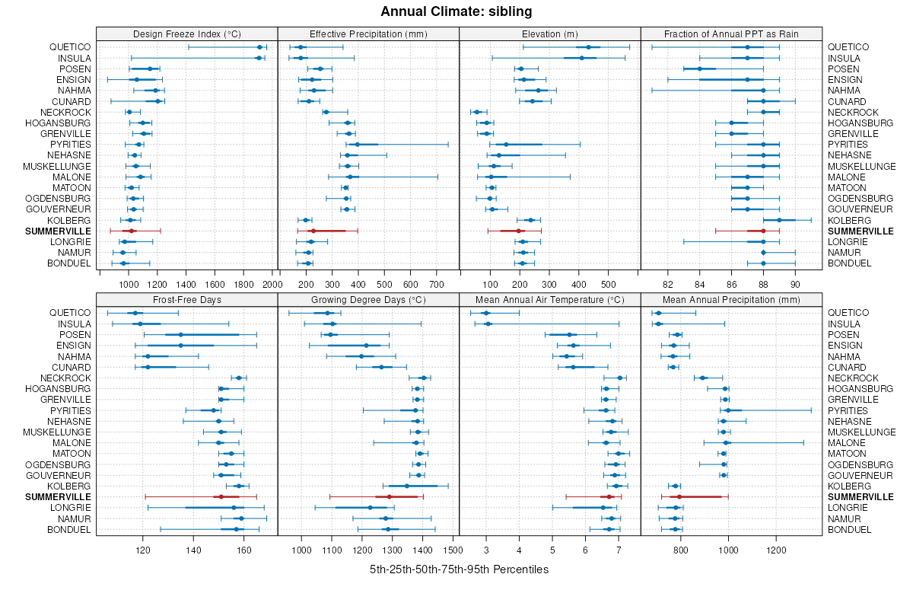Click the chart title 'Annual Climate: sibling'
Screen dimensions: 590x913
[x=456, y=11]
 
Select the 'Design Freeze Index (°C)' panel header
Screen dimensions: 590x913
[x=186, y=33]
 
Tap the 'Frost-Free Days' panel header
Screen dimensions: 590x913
[x=186, y=300]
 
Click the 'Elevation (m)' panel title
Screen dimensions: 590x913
[x=550, y=33]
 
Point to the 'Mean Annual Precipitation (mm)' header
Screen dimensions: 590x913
[x=731, y=300]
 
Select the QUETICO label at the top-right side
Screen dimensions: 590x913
[x=848, y=47]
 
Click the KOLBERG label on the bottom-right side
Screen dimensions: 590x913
[x=848, y=486]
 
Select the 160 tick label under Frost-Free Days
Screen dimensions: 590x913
[x=243, y=550]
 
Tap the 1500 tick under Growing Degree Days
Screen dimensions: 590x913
[x=453, y=550]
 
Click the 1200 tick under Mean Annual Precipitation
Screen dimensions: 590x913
[x=776, y=550]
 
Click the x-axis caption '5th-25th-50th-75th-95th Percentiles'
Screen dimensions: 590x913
[x=459, y=569]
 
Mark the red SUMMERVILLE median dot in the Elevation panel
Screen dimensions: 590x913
[x=519, y=231]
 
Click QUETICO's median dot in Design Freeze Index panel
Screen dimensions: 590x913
[x=259, y=47]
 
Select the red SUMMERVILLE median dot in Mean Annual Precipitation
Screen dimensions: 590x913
[x=679, y=497]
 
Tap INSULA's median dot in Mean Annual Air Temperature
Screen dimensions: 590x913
[x=488, y=324]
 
